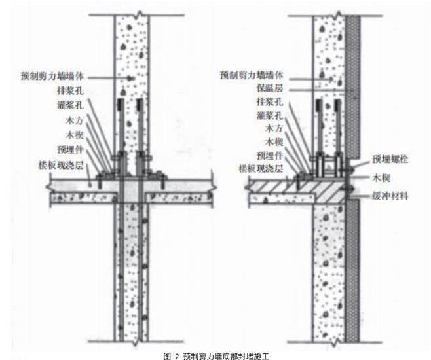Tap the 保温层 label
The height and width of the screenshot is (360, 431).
click(x=269, y=88)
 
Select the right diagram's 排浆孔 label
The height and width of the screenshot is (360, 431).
click(x=269, y=102)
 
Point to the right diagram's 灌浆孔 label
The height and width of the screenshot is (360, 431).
click(x=269, y=115)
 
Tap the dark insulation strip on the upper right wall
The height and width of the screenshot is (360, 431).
click(x=353, y=85)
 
